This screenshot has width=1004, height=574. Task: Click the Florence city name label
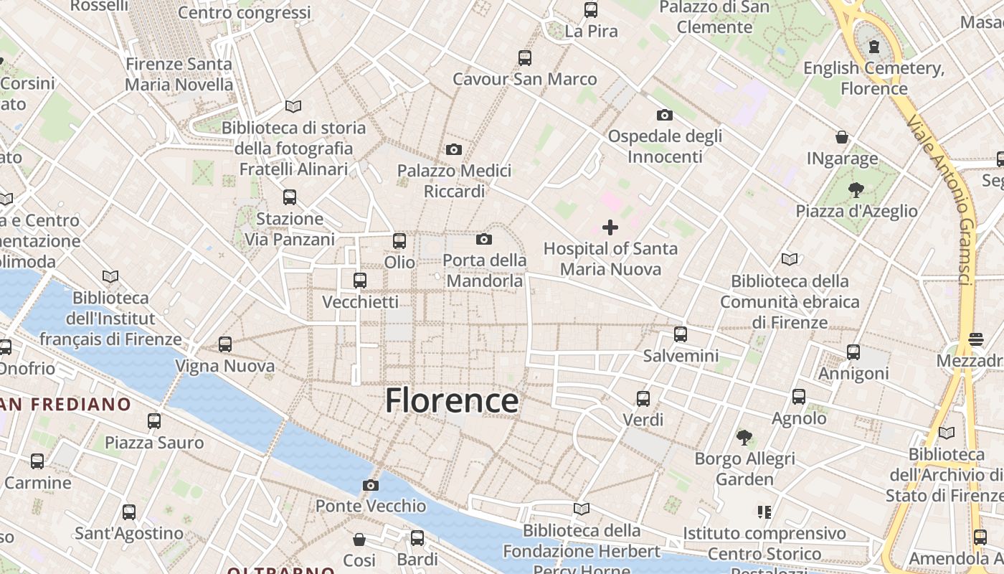452,400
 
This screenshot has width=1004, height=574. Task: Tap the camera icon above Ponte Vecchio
371,486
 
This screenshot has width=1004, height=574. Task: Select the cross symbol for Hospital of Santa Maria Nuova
610,228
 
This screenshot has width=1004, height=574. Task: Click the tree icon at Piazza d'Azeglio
856,190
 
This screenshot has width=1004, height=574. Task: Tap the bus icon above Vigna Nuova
225,344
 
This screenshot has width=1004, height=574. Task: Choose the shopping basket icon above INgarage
842,137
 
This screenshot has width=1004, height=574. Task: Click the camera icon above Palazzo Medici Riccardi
453,150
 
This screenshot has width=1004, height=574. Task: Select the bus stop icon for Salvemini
680,334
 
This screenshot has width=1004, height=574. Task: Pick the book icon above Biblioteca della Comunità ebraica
790,260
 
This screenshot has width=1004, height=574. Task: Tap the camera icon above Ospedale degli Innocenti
664,116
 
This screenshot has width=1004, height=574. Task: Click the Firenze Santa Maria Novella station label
179,74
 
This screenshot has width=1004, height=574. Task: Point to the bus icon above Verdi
643,399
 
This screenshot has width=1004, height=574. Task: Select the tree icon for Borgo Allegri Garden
744,437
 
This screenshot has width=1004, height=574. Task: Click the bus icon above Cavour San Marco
525,58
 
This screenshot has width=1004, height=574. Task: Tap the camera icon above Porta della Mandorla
484,240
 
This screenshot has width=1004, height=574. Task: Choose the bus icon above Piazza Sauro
154,421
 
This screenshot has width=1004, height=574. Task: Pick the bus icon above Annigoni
853,352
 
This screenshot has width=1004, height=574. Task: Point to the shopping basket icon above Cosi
359,539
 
